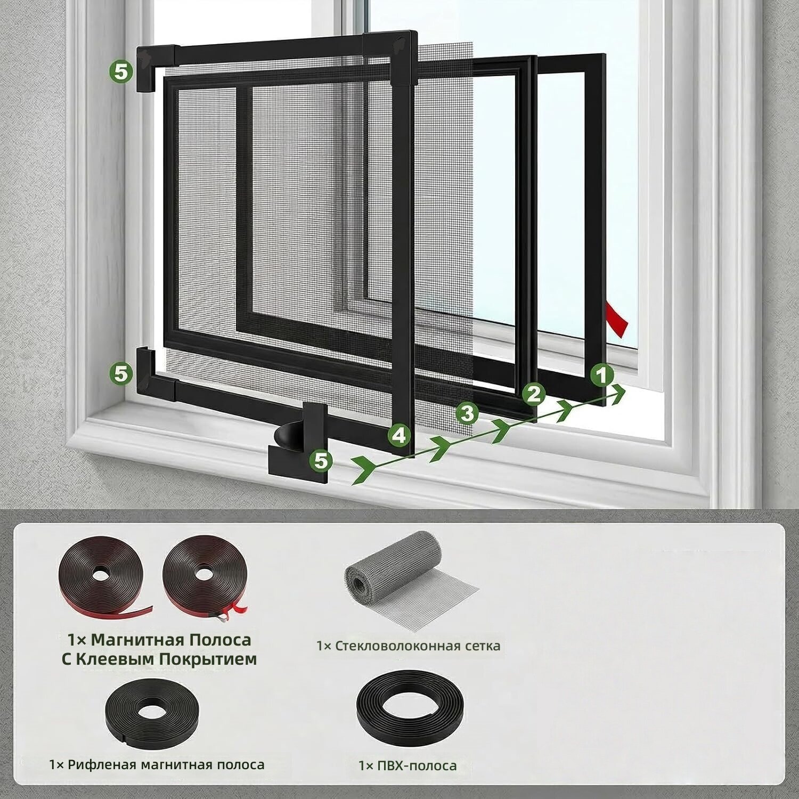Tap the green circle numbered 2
[x=534, y=394]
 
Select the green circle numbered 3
[x=467, y=413]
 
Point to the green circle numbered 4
[x=399, y=436]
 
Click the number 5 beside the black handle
[x=321, y=460]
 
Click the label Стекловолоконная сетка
[x=417, y=646]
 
